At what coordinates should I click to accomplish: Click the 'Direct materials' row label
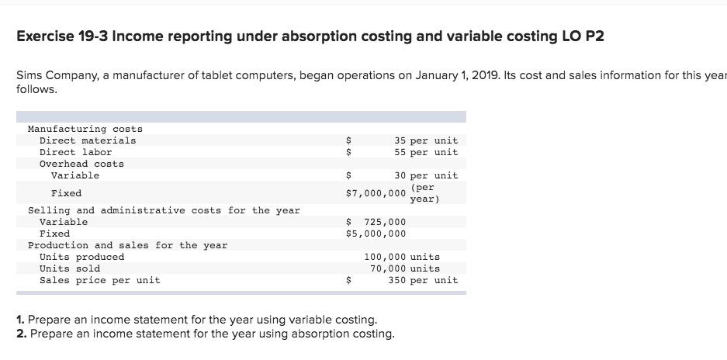point(87,140)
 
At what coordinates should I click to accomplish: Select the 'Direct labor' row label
point(75,152)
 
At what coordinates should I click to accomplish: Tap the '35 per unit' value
point(425,140)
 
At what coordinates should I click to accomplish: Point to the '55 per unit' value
point(425,152)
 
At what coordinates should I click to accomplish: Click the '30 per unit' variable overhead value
point(425,175)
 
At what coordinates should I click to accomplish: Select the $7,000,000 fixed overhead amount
point(376,193)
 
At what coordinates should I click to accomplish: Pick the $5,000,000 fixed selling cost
point(376,234)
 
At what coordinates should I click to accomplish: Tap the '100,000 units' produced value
point(401,257)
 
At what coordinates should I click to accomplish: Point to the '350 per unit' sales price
point(423,280)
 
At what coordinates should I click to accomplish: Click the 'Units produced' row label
point(81,257)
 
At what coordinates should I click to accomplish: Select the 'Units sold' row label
point(70,268)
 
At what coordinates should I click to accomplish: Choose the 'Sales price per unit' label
point(99,280)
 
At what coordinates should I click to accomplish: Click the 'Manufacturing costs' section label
point(85,129)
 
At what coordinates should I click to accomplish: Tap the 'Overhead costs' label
point(81,164)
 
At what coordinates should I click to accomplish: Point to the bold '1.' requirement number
point(20,320)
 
